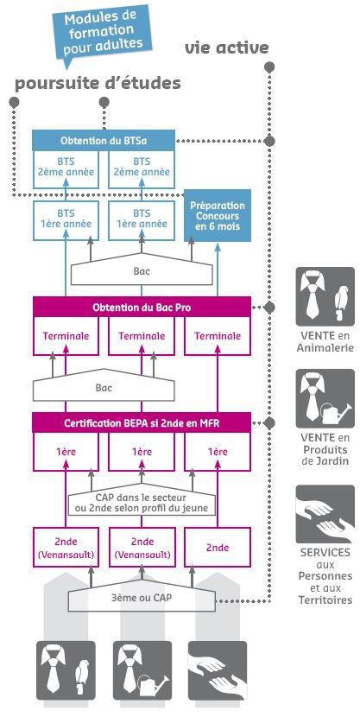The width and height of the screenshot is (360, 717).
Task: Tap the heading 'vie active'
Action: click(x=226, y=48)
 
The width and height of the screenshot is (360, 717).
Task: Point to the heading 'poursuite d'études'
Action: click(x=98, y=84)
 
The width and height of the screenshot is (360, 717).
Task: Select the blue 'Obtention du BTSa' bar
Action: click(x=104, y=141)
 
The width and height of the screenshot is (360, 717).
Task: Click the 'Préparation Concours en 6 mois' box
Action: click(x=218, y=216)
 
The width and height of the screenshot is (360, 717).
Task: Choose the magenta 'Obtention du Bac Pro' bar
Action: click(x=142, y=308)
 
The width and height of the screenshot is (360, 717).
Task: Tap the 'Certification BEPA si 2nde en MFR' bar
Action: click(x=142, y=423)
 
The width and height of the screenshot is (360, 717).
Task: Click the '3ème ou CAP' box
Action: click(x=142, y=598)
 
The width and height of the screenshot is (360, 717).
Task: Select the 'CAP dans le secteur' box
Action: click(x=142, y=502)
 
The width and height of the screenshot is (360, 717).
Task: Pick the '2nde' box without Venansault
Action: click(x=218, y=548)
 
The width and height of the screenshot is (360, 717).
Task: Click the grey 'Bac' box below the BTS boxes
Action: click(x=142, y=270)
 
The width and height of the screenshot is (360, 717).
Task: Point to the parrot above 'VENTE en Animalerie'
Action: click(x=341, y=302)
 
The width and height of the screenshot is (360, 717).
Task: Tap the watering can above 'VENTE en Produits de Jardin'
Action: click(x=335, y=413)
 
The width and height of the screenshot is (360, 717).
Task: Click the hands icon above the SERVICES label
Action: click(x=325, y=514)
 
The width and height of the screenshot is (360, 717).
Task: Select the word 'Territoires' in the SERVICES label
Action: click(x=325, y=600)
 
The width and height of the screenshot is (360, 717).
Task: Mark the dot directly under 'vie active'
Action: click(x=269, y=67)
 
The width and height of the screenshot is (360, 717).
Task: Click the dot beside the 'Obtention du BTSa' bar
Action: click(x=269, y=141)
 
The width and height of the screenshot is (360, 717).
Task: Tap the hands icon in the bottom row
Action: click(x=218, y=670)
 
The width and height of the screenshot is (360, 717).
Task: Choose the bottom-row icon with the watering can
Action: click(x=142, y=670)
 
